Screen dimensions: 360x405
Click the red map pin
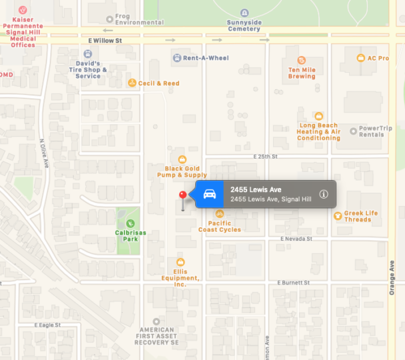point(183,195)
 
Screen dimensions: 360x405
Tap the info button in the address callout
point(324,194)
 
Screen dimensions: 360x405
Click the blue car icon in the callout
point(209,194)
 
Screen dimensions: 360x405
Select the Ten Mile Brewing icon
point(302,61)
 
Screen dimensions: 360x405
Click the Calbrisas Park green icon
point(130,223)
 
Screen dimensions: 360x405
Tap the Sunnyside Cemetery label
point(244,26)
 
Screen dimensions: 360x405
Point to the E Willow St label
point(105,41)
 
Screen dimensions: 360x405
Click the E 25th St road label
point(264,156)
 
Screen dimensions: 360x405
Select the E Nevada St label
point(296,238)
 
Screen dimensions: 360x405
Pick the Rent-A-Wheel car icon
point(176,58)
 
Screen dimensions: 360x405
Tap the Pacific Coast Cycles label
point(220,227)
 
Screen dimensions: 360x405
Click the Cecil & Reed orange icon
point(132,83)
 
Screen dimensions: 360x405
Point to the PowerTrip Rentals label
point(372,131)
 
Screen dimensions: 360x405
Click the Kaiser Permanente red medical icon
point(23,11)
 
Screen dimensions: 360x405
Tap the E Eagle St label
point(47,325)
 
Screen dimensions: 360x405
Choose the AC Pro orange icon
point(360,58)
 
